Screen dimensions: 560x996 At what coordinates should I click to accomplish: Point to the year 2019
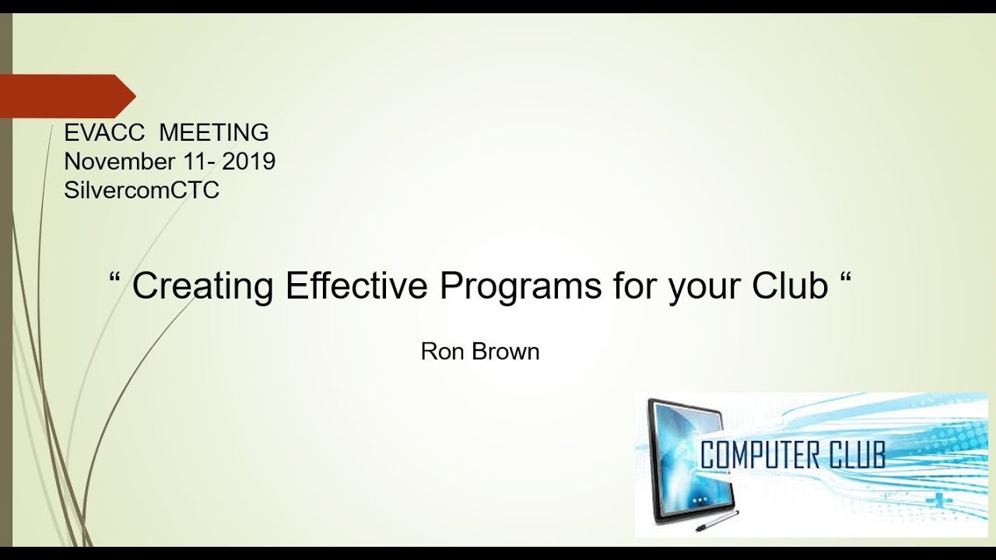tap(248, 162)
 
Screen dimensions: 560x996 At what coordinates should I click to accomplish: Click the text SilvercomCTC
tap(142, 191)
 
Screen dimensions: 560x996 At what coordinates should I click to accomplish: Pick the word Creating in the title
tap(202, 287)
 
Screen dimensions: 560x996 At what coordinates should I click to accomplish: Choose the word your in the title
tap(703, 287)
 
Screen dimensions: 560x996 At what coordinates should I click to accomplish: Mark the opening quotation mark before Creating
tap(117, 278)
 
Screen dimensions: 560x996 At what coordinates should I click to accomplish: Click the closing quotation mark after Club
tap(846, 278)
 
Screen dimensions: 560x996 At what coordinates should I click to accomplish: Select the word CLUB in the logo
tap(860, 454)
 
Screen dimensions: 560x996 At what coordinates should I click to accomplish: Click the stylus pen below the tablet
tap(716, 522)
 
